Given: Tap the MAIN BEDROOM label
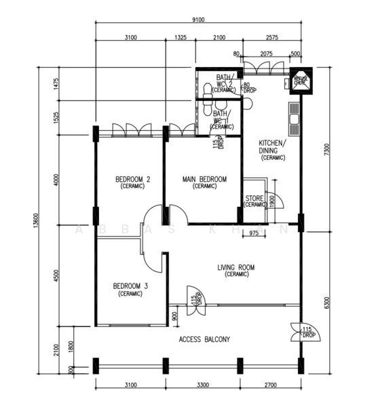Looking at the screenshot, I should click(x=204, y=180).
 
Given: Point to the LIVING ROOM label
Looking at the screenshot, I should click(x=236, y=268).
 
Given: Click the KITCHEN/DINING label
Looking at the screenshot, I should click(x=273, y=147).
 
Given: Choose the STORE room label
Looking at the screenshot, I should click(x=254, y=197).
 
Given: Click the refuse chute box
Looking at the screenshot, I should click(x=300, y=81).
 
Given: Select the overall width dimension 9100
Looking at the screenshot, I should click(x=199, y=20).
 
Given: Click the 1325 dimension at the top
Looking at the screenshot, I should click(x=181, y=37).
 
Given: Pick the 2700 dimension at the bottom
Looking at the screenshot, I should click(x=270, y=385).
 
